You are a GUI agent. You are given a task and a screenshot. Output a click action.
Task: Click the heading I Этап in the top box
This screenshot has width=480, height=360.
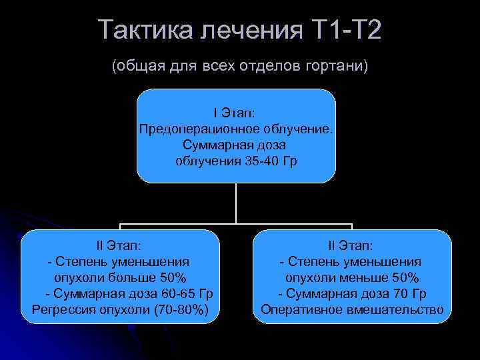pos(236,113)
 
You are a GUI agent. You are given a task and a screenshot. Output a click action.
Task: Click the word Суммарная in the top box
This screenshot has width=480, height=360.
pos(212,145)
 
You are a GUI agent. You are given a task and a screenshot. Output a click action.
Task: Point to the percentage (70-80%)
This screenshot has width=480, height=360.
pos(181,310)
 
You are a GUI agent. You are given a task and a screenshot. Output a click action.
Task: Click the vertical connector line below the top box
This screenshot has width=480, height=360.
pos(236,203)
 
